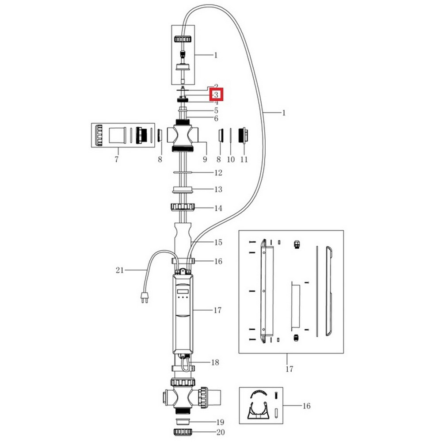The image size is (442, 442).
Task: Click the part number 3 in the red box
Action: [x=217, y=95]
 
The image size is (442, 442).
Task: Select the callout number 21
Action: [x=119, y=269]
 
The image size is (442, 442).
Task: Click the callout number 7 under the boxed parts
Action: [x=117, y=159]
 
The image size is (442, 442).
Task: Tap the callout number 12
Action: [x=218, y=172]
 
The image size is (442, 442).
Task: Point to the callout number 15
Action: [x=218, y=242]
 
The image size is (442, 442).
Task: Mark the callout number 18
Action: [x=215, y=362]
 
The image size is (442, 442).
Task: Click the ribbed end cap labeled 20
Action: [x=183, y=431]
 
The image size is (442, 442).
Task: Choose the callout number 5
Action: [x=216, y=110]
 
